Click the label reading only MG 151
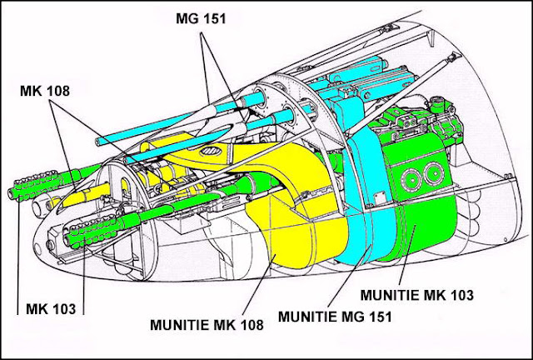click(201, 18)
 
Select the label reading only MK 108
click(45, 91)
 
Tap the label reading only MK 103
click(51, 309)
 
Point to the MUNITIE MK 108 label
click(207, 325)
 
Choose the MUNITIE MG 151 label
click(335, 317)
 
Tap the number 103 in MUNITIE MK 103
click(461, 295)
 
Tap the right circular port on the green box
click(434, 172)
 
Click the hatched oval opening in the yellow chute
click(211, 150)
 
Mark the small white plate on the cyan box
click(380, 198)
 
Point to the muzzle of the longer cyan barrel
click(98, 141)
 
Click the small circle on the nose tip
click(37, 249)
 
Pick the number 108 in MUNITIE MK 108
click(251, 325)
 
